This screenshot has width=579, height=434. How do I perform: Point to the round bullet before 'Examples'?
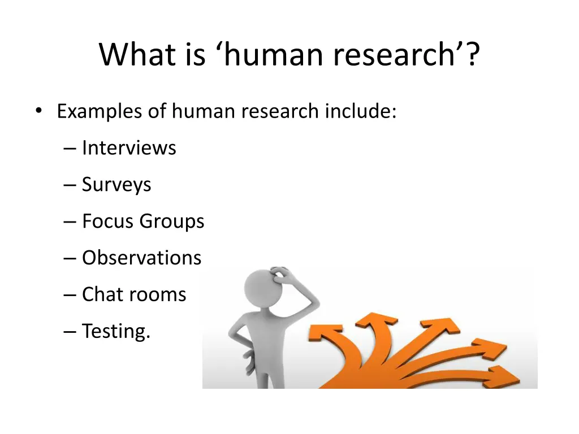[38, 111]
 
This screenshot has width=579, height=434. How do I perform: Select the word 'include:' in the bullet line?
[360, 111]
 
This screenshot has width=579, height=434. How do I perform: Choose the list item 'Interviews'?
[129, 148]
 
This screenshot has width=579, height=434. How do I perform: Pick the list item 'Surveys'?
[116, 185]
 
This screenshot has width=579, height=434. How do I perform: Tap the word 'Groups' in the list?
[172, 221]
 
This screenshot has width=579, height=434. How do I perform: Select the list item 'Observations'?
[141, 258]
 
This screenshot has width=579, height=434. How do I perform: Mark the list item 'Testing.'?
[116, 331]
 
